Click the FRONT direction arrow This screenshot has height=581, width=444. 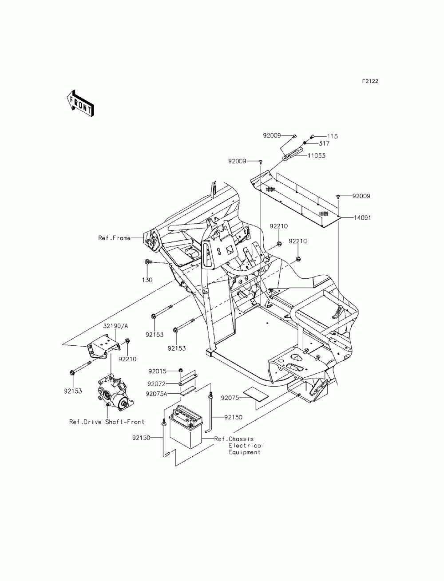pos(80,103)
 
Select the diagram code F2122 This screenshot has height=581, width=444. pos(370,81)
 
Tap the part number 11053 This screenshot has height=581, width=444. pos(316,155)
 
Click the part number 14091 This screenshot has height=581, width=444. pos(362,217)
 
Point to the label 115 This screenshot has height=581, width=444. pos(332,136)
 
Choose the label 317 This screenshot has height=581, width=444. pos(324,143)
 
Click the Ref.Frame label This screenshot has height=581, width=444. pos(115,238)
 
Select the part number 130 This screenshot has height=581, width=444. pos(147,280)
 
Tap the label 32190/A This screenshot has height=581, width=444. pos(115,326)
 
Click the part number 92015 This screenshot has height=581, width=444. pos(157,372)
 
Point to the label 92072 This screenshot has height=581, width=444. pos(156,383)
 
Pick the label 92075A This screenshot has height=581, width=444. pos(156,394)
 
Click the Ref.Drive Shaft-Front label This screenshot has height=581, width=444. pos(107,422)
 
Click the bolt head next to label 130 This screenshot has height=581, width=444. pos(147,262)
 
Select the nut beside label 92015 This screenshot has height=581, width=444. pos(180,370)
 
